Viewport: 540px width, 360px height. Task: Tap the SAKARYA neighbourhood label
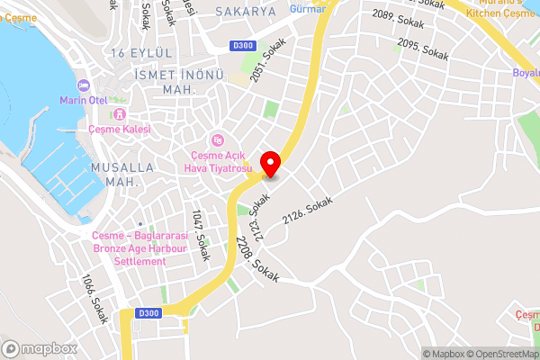[245, 12]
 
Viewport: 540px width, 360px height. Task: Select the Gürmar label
[307, 8]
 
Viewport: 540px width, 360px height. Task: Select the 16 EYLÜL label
[136, 54]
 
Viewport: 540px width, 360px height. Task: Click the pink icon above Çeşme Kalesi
[120, 114]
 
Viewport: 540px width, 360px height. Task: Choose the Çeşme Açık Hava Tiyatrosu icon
[217, 139]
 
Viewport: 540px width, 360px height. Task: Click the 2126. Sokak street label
[307, 215]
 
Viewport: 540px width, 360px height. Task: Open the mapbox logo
[40, 348]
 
